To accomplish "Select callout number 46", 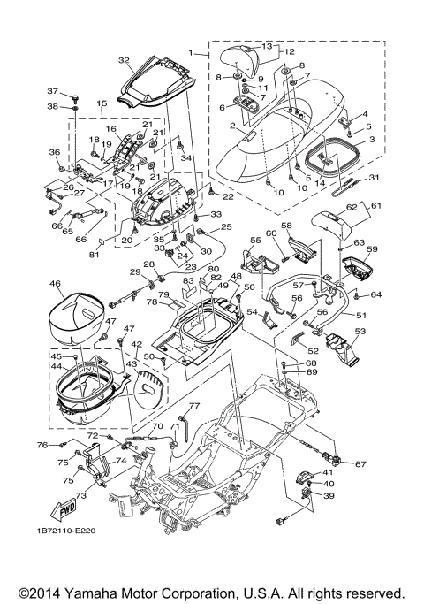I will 55,284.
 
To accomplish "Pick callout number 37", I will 52,91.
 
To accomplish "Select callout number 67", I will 360,463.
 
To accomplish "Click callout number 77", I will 194,405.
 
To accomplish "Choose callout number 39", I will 329,497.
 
